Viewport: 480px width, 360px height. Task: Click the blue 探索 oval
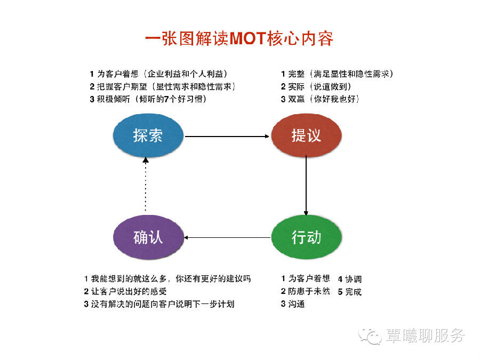[148, 135]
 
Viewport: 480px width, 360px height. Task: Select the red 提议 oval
[306, 135]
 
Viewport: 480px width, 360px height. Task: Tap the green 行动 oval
[306, 237]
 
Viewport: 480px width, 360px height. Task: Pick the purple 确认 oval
[148, 237]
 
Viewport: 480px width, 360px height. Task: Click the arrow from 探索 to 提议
[227, 137]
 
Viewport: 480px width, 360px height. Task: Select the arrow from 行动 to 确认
[227, 237]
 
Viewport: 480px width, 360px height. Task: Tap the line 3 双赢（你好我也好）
[320, 99]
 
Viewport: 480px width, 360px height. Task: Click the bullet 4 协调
[350, 278]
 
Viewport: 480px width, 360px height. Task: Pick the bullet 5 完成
[350, 292]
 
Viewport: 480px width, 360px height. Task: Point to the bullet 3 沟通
[293, 305]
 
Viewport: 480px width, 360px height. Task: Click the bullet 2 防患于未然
[305, 292]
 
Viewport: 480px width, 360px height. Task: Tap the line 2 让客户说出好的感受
[125, 292]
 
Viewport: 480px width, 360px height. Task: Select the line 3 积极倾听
[148, 99]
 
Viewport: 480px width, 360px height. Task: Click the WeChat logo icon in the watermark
[370, 335]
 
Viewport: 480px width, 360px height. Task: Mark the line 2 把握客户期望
[162, 86]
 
